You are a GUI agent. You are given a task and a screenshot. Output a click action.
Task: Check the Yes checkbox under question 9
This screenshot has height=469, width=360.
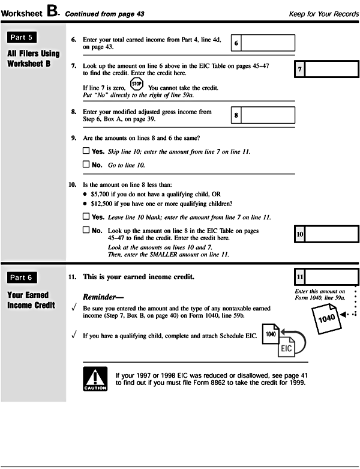point(86,151)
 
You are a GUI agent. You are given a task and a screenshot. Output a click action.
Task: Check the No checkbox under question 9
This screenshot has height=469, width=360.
point(86,164)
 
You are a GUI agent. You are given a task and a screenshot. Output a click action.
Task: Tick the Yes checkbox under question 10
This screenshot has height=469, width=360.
point(86,216)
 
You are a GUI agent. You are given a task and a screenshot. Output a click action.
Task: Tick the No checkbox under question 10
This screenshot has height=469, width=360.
point(86,230)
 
